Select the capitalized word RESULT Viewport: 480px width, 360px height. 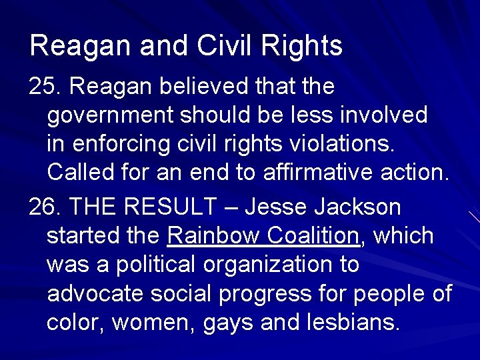[175, 207]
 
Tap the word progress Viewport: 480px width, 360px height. [309, 294]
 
